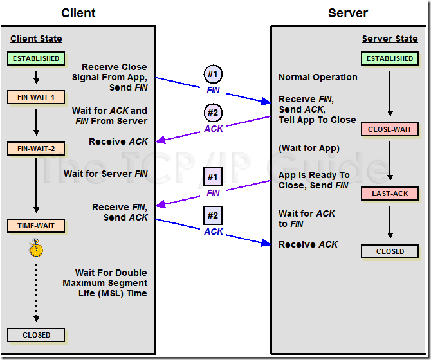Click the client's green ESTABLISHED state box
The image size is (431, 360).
click(36, 59)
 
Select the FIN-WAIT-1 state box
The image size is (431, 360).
click(36, 98)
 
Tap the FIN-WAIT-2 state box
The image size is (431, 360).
click(36, 148)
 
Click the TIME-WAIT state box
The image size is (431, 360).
click(36, 226)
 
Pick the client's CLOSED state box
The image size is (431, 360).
click(36, 335)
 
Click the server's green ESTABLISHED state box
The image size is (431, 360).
click(390, 59)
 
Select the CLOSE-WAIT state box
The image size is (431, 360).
click(390, 129)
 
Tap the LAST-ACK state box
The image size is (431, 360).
click(390, 194)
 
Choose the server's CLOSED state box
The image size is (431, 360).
click(390, 251)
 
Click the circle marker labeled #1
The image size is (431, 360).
click(213, 74)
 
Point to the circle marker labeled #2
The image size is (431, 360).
click(213, 113)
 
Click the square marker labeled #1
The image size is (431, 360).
click(213, 177)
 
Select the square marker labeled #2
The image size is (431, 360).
click(213, 215)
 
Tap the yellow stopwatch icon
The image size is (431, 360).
click(36, 249)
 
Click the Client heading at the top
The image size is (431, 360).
click(78, 13)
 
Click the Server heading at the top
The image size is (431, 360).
click(349, 13)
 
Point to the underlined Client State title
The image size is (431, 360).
click(36, 39)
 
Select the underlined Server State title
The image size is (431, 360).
click(390, 39)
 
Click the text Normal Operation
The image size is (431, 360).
click(318, 77)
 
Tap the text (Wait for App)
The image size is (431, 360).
click(309, 148)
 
